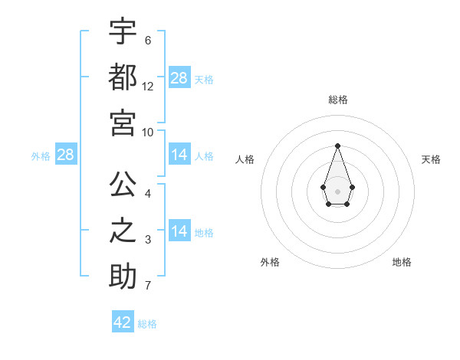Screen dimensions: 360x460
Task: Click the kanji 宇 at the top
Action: point(123,31)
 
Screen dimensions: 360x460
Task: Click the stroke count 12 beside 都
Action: point(148,87)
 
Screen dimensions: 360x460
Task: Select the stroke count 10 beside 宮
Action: point(148,132)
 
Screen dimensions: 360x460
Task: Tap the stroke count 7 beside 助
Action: point(148,286)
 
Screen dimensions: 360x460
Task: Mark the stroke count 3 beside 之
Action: point(148,241)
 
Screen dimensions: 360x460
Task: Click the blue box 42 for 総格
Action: point(123,322)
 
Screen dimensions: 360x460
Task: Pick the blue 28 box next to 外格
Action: point(66,155)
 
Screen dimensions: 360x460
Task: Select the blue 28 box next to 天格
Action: point(179,78)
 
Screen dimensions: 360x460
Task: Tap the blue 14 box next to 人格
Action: point(179,155)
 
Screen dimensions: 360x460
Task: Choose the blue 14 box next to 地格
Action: point(179,231)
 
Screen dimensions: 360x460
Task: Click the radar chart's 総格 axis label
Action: point(337,100)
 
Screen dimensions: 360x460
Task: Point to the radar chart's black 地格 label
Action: point(402,262)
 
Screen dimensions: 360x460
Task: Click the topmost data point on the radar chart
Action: point(337,145)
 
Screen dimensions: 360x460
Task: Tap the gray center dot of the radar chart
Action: point(337,190)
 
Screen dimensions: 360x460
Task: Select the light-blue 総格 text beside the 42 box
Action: point(147,324)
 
